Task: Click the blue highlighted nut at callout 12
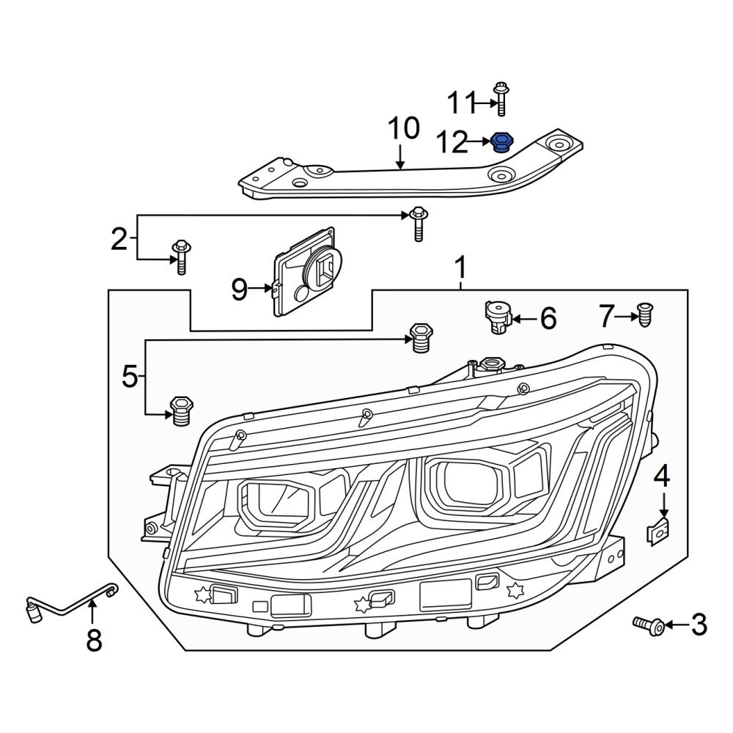502,142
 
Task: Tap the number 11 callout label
462,103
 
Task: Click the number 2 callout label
119,239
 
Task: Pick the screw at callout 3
649,625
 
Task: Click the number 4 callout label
662,477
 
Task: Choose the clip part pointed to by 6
497,317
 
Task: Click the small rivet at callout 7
644,314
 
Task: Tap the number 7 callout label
605,317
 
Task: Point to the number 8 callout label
94,641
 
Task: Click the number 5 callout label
129,377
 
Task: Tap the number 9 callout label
240,290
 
